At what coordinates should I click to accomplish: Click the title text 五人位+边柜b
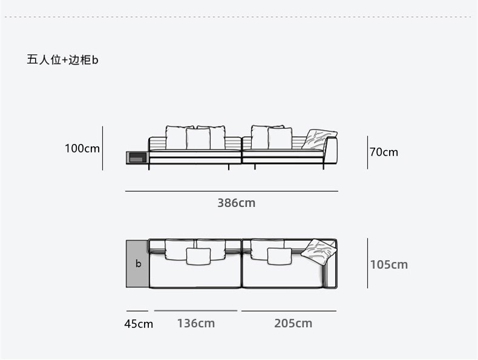coord(63,60)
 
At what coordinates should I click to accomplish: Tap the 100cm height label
coord(82,148)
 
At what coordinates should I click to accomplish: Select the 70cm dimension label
coord(384,152)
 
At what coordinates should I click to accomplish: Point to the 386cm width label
coord(237,203)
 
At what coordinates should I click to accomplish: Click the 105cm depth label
coord(388,264)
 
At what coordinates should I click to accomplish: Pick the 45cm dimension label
coord(139,324)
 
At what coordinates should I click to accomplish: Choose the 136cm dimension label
coord(196,323)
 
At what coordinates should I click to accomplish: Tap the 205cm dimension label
coord(293,323)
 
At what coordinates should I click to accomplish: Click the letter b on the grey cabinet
coord(138,264)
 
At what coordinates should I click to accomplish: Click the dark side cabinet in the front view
coord(137,158)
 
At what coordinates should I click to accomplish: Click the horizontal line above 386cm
coord(232,191)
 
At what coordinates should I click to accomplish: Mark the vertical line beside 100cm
coord(102,148)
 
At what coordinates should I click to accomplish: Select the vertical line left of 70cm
coord(367,152)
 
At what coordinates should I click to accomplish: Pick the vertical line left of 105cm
coord(367,263)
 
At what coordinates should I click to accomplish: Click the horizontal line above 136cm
coord(195,310)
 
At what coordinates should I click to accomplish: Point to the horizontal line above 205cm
coord(289,311)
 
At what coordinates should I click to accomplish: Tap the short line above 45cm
coord(137,311)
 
